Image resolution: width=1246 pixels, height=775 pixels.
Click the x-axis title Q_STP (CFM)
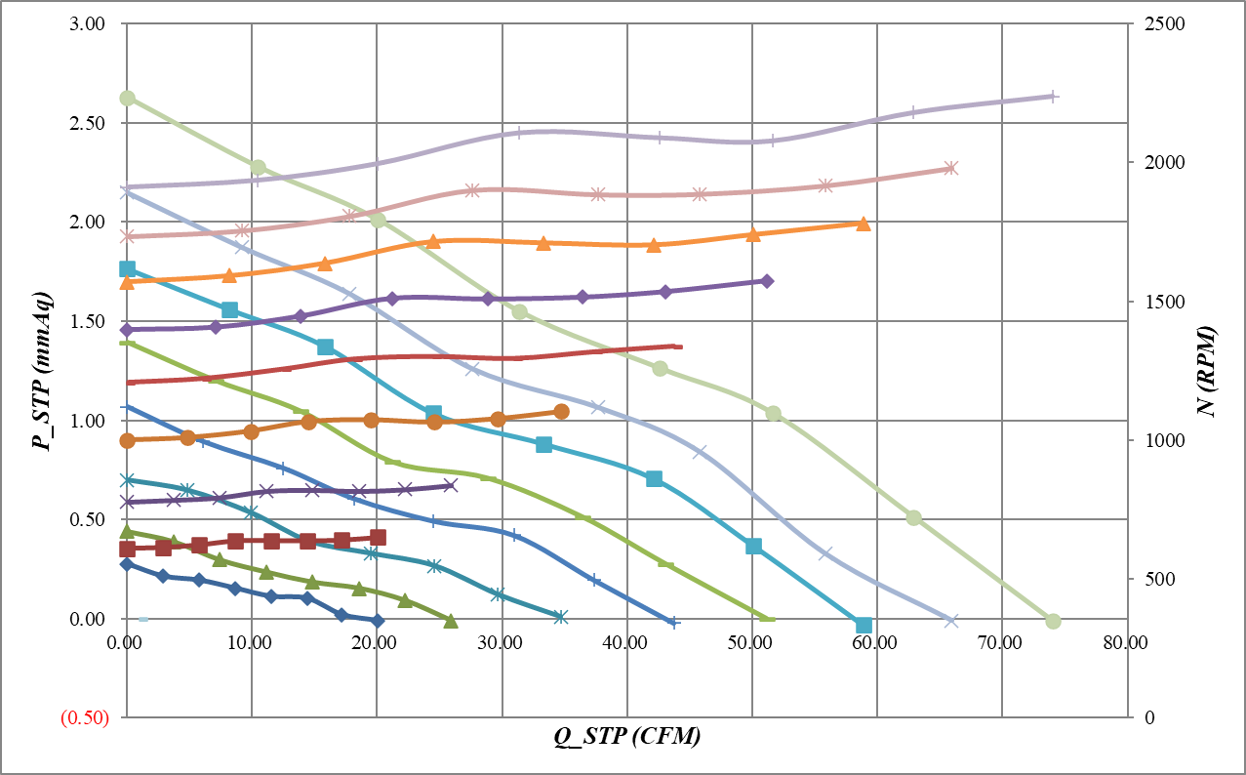pos(626,738)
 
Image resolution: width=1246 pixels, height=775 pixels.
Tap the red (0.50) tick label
pos(84,718)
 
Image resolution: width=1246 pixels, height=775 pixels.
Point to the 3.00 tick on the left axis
pos(88,23)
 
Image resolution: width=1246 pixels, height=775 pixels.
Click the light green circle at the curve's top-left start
pos(127,99)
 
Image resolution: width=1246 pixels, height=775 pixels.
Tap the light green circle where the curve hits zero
pos(1053,621)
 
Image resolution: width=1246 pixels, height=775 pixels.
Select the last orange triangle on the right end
pos(863,224)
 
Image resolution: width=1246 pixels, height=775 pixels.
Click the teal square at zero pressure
pos(863,625)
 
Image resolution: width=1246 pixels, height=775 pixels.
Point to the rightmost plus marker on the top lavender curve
pos(1053,97)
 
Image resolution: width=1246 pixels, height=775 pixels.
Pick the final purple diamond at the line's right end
pos(767,281)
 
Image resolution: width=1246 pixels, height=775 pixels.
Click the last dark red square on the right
pos(379,538)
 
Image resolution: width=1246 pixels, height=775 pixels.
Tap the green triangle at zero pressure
pos(451,620)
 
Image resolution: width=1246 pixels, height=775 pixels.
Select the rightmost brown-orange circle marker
pos(561,412)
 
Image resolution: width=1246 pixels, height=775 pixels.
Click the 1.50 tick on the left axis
pos(88,322)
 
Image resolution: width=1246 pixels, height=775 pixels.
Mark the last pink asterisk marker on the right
pos(952,168)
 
